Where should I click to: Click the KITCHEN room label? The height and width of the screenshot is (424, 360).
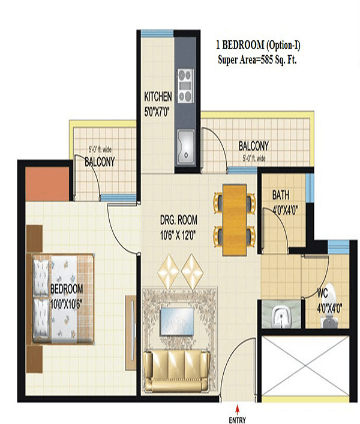point(158,97)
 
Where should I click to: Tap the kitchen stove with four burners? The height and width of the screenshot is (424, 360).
point(185,86)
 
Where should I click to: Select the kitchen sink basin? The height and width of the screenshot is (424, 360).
point(186,147)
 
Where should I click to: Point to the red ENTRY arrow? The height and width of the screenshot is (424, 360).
point(237,410)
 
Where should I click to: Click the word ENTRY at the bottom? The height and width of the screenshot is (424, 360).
point(238,420)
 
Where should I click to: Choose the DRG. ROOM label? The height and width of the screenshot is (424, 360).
point(179,220)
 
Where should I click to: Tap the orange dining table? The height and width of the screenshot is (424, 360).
point(235,220)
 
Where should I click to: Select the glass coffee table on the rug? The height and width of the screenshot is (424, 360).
point(177,321)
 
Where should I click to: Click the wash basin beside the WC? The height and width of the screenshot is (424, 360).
point(281,315)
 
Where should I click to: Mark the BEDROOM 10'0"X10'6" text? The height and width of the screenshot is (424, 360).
point(67,296)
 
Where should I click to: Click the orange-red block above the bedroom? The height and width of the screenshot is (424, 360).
point(47,184)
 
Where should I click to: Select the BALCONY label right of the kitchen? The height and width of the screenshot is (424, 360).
point(253,146)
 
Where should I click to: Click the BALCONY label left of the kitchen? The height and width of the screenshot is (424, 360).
point(100,162)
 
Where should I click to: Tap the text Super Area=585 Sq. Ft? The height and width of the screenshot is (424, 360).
point(257,60)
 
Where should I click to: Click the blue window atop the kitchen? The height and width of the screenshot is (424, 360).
point(157,34)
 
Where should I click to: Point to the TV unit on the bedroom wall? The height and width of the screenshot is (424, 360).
point(131,333)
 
